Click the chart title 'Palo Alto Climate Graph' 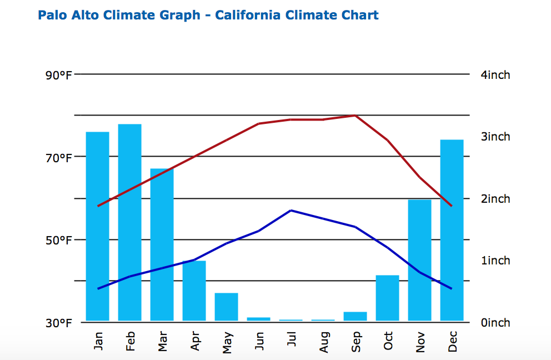[x=119, y=16]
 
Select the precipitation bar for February [x=129, y=222]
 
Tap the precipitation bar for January [x=98, y=226]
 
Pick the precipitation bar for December [x=452, y=230]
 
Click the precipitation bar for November [x=419, y=260]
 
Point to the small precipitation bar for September [x=355, y=316]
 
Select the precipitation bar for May [x=226, y=307]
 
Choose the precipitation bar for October [x=387, y=298]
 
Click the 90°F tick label [x=59, y=75]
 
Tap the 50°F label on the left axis [x=59, y=241]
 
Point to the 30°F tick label [x=59, y=323]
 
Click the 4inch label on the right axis [x=495, y=75]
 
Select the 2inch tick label [x=495, y=199]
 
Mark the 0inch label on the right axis [x=495, y=323]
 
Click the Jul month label [x=291, y=339]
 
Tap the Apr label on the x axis [x=195, y=341]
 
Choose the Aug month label [x=324, y=342]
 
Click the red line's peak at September [x=355, y=116]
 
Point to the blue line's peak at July [x=291, y=210]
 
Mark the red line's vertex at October [x=387, y=140]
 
